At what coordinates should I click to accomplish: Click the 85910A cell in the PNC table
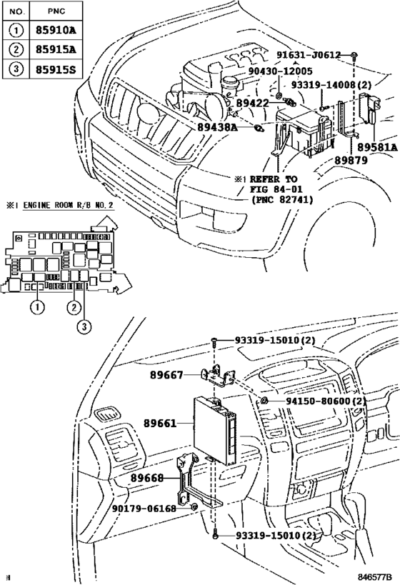[x=54, y=31]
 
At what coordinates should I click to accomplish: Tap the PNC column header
[x=54, y=12]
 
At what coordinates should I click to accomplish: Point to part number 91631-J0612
[x=309, y=54]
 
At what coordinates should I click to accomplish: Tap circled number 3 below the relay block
[x=85, y=327]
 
